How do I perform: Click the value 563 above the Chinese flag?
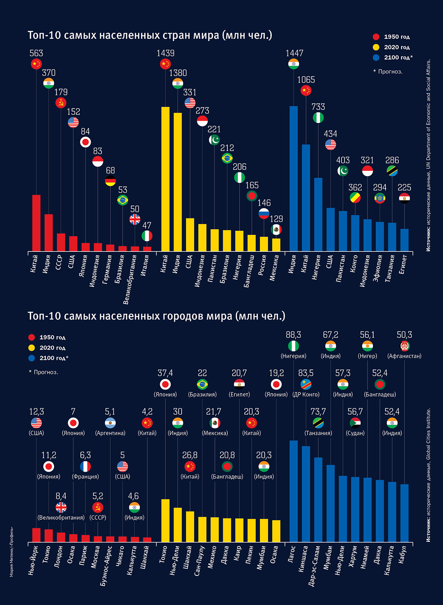point(36,54)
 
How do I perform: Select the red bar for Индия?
point(49,233)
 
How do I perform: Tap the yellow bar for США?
point(190,235)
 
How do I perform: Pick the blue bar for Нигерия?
point(318,214)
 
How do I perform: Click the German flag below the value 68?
point(110,181)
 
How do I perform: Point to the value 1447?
point(294,53)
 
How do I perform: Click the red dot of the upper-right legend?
point(376,37)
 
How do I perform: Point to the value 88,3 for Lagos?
point(293,335)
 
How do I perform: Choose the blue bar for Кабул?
point(405,513)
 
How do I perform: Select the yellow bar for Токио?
point(165,520)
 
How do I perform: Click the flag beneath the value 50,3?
point(405,346)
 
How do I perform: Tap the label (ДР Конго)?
point(306,394)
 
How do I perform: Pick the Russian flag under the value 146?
point(264,213)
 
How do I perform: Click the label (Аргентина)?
point(110,433)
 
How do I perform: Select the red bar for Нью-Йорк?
point(36,535)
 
